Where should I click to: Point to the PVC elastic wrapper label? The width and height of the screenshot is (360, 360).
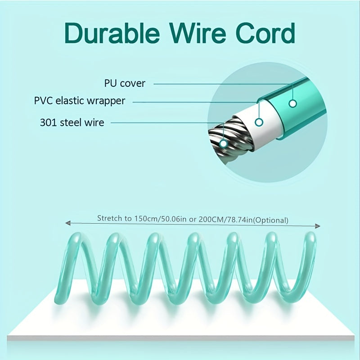click(x=80, y=100)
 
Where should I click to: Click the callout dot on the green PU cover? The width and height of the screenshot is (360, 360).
click(x=292, y=103)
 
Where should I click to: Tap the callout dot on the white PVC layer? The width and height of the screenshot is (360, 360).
click(x=259, y=122)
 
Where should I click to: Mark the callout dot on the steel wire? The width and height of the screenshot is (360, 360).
click(x=224, y=144)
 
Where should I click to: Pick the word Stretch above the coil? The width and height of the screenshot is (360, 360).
click(x=108, y=218)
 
